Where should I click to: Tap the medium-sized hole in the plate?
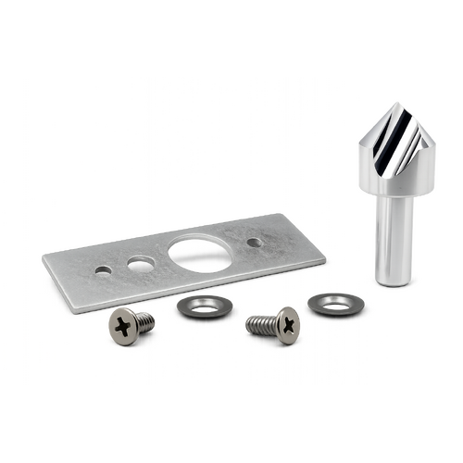tap(142, 264)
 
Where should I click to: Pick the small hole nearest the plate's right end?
tap(254, 243)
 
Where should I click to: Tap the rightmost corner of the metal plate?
tap(331, 260)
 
